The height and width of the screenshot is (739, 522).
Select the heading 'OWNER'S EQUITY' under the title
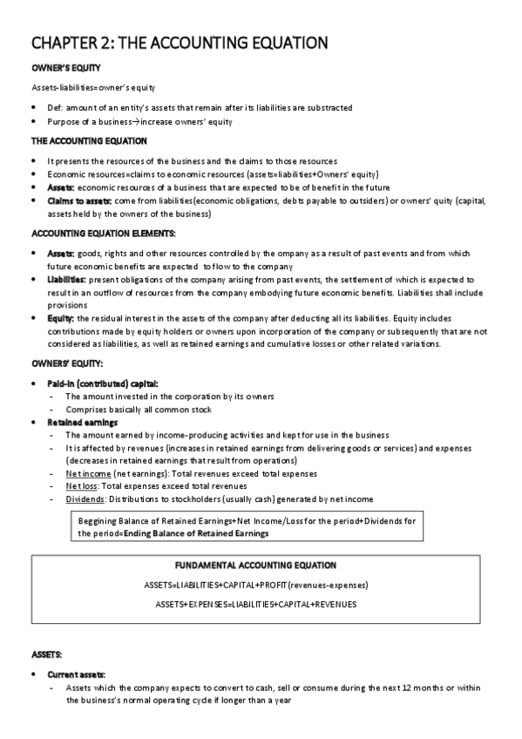65,68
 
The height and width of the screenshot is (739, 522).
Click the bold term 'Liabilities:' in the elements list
66,279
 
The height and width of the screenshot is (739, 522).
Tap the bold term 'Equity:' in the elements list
61,319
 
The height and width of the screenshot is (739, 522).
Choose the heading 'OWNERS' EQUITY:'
67,363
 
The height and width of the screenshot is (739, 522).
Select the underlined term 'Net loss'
82,485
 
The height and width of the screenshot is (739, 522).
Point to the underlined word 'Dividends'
85,498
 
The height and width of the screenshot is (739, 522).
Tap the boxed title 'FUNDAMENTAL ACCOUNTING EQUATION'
261,566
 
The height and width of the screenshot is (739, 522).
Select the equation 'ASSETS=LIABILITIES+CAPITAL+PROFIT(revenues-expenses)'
261,585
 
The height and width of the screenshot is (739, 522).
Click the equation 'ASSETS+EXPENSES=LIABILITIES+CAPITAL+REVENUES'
261,603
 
